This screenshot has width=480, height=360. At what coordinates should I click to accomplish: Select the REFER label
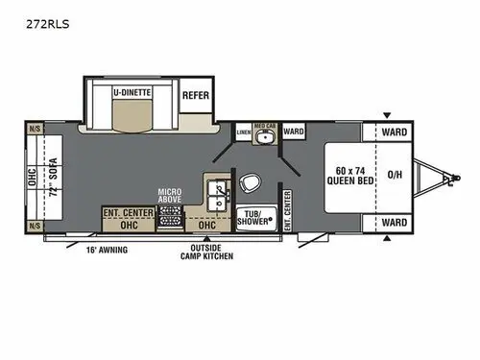[196, 96]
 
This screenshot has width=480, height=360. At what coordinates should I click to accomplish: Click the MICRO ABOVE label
[172, 196]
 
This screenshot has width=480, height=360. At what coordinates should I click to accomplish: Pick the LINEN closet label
[243, 131]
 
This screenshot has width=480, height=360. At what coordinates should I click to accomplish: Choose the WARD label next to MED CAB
[294, 132]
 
